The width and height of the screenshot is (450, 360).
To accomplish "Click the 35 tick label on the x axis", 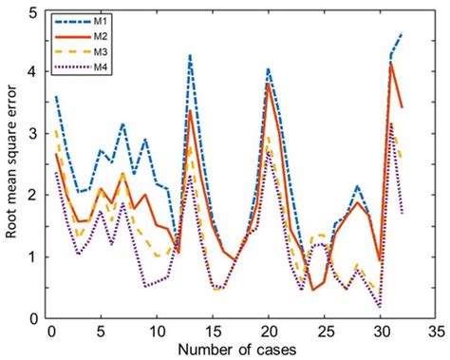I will (436, 333).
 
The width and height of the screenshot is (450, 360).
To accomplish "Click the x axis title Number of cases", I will (241, 350).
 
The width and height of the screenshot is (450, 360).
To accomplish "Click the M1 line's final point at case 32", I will (402, 34).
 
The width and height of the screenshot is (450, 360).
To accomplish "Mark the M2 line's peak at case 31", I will (391, 65).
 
